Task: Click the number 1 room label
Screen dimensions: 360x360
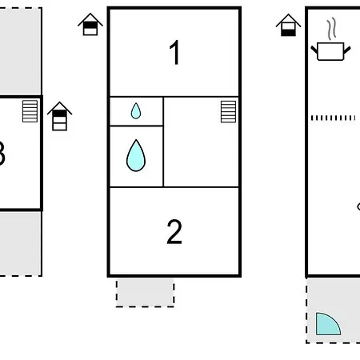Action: tap(174, 52)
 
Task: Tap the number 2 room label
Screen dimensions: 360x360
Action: tap(174, 231)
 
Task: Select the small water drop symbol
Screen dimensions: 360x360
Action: tap(136, 111)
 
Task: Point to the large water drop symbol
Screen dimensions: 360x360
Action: tap(136, 156)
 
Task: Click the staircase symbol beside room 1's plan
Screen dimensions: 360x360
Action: tap(228, 111)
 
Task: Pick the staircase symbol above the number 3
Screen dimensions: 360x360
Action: tap(30, 111)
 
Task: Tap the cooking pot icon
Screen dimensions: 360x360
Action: tap(330, 51)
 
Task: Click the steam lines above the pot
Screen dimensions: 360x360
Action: tap(332, 29)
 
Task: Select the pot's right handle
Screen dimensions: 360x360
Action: tap(347, 50)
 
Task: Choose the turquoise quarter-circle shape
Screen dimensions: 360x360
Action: tap(326, 326)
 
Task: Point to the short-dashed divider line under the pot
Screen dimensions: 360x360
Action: tap(333, 118)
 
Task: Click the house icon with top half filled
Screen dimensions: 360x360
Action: tap(90, 24)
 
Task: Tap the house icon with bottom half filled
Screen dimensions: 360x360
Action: tap(288, 25)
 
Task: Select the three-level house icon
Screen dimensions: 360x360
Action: tap(59, 116)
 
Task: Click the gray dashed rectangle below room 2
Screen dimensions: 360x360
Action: tap(145, 294)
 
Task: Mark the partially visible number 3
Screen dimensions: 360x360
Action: tap(2, 154)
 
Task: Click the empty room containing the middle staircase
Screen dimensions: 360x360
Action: tap(201, 142)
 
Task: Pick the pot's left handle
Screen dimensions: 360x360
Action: tap(314, 50)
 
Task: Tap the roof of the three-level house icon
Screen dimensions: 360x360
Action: tap(59, 108)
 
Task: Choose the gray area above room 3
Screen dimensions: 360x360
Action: tap(21, 50)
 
